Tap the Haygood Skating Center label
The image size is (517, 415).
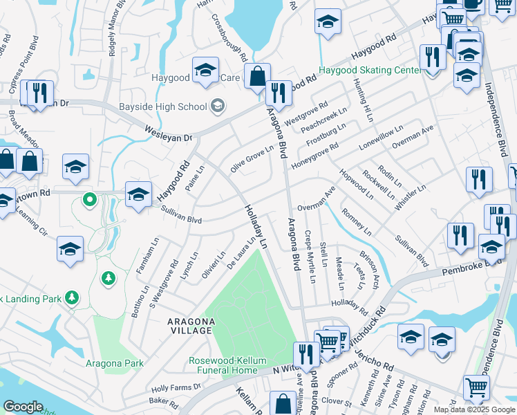pos(369,71)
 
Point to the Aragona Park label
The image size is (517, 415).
pos(115,363)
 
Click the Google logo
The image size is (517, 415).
pos(23,407)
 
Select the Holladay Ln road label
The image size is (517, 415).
pos(254,225)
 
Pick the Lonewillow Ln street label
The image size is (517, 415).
pos(380,138)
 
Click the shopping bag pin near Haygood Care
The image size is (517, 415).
pos(257,76)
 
